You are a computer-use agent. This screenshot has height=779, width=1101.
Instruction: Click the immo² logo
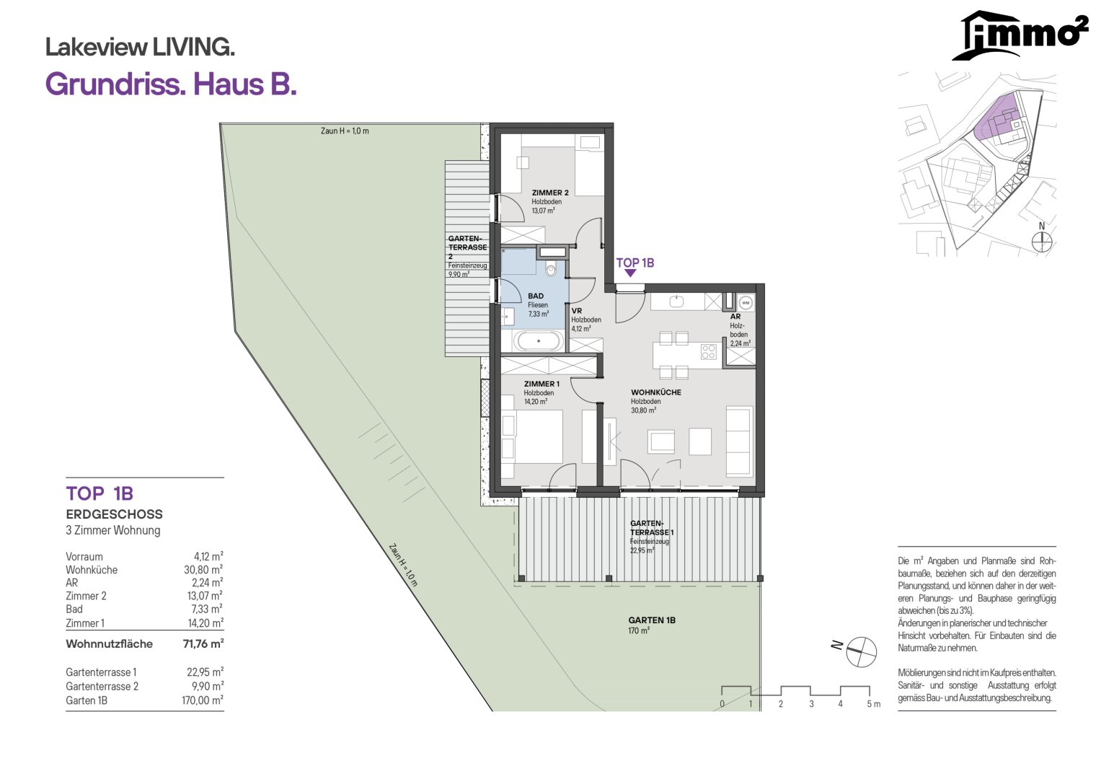1020,35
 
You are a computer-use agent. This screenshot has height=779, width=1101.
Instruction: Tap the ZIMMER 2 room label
550,193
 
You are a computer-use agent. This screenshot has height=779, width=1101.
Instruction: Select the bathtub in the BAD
539,340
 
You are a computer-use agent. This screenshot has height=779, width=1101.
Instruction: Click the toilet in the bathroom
551,270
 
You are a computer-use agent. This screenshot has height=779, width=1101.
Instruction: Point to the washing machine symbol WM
746,302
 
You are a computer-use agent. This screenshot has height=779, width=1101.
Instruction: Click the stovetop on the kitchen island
708,351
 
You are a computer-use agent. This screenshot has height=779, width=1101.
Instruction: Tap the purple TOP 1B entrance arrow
629,273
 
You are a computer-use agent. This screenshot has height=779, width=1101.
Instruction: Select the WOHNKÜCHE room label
656,392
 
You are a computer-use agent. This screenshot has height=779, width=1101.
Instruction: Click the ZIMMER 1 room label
541,384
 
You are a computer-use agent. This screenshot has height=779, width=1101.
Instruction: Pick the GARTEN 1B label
652,620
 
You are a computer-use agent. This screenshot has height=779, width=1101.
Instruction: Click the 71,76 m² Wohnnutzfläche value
203,643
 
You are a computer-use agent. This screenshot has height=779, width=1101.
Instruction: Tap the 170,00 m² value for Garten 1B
203,700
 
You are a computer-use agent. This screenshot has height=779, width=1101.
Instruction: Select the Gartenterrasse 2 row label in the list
102,686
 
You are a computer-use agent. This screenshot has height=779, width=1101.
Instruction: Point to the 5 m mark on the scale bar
873,704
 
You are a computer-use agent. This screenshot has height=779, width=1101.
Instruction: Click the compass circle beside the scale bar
861,652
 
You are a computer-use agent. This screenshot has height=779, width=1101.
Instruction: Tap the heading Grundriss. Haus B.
171,84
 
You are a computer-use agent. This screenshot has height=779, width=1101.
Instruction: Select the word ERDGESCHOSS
114,514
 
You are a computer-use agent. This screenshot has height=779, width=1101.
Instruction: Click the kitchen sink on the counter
677,302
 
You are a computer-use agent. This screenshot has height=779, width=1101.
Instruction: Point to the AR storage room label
735,316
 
